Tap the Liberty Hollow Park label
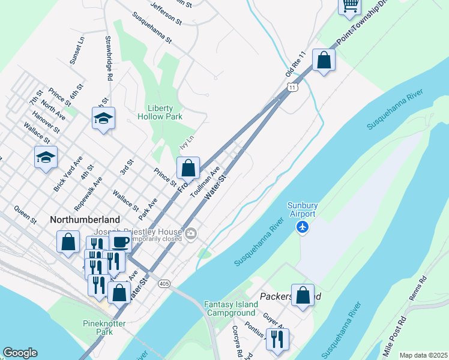coord(160,112)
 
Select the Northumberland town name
coord(85,220)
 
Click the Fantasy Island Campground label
coord(230,308)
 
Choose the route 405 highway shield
coord(163,283)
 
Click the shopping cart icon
coord(350,5)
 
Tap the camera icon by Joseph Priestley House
coord(191,234)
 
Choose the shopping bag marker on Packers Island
coord(303,295)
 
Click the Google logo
coord(20,353)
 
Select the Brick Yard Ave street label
coord(68,174)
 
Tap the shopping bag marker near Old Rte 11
coord(324,61)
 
